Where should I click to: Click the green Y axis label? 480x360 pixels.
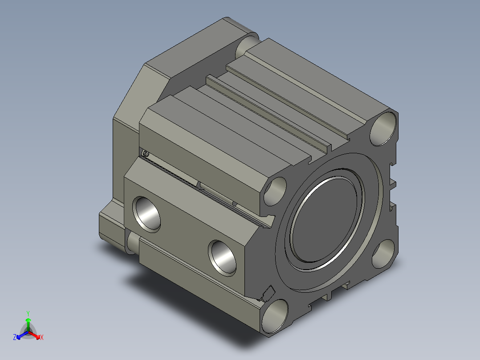point(28,313)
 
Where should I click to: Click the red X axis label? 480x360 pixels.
point(42,337)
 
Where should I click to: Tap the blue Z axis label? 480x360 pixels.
point(15,337)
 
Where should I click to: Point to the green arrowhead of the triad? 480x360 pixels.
point(28,320)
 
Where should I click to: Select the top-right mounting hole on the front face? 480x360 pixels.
point(383,129)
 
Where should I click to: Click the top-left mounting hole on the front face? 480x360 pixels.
point(275,192)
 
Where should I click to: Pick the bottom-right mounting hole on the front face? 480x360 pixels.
point(383,254)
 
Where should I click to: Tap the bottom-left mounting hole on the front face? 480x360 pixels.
point(275,316)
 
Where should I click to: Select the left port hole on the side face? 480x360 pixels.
point(146,214)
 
